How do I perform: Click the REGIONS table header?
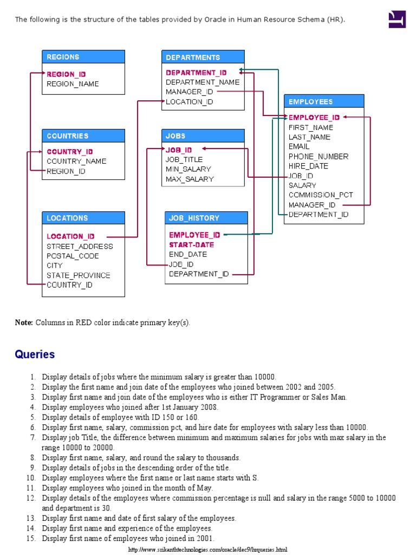(x=83, y=57)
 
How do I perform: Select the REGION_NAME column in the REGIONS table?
(x=73, y=84)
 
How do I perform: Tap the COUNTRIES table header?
(x=83, y=136)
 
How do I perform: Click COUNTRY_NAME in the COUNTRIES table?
(x=76, y=161)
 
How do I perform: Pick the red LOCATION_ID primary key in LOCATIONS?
(x=70, y=236)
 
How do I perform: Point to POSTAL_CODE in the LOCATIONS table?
(x=73, y=256)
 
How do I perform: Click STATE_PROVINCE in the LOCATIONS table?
(x=78, y=275)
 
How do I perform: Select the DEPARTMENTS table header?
(x=203, y=57)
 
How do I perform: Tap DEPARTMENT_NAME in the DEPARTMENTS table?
(x=203, y=82)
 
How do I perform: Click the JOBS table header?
(x=203, y=136)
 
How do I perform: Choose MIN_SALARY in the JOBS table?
(x=188, y=169)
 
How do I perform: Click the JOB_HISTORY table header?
(x=206, y=218)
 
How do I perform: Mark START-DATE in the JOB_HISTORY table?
(x=191, y=245)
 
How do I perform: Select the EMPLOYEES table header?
(x=324, y=101)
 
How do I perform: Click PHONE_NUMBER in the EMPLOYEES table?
(x=318, y=157)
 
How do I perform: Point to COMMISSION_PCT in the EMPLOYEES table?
(x=321, y=195)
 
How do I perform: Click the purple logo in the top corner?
(x=397, y=20)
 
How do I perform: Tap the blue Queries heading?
(x=35, y=354)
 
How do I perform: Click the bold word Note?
(x=24, y=322)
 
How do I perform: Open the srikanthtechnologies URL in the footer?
(x=207, y=550)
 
